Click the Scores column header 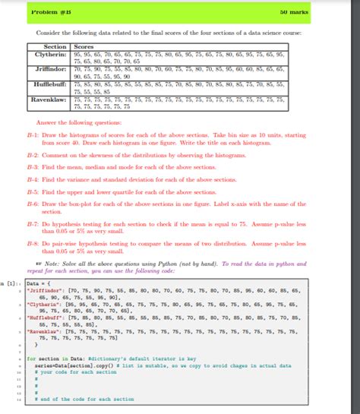(x=84, y=47)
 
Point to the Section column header (x=52, y=47)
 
